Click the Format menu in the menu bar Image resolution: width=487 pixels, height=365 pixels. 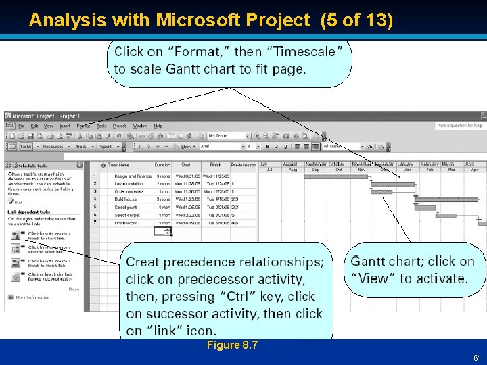(83, 126)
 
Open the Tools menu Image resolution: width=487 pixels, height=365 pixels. (101, 126)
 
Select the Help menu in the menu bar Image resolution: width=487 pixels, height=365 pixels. (158, 126)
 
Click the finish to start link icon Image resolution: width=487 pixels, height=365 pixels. (16, 235)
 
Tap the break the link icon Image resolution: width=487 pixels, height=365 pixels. (16, 276)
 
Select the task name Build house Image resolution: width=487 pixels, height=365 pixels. (126, 199)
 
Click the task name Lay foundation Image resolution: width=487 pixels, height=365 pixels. (129, 183)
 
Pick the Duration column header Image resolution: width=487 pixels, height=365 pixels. (162, 164)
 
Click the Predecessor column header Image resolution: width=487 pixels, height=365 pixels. (243, 164)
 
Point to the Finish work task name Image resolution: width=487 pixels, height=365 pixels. (126, 223)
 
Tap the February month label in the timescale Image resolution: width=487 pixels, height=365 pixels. (430, 164)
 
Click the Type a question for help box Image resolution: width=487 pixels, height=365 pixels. (459, 126)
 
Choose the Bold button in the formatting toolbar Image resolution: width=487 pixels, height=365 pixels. (268, 146)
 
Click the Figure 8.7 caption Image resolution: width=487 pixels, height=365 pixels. (232, 345)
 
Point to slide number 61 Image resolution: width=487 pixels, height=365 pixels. (477, 358)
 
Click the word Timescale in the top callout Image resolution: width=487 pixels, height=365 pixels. (312, 51)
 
